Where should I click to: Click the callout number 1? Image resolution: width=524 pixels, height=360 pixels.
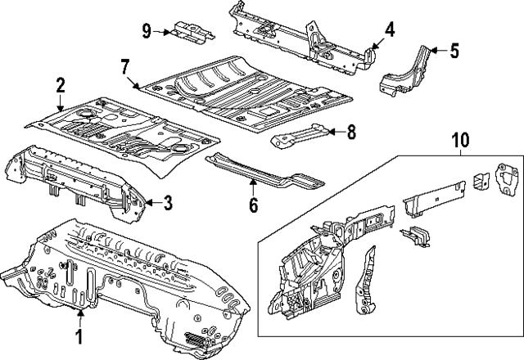click(x=79, y=336)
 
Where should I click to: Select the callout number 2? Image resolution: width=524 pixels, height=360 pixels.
click(x=60, y=85)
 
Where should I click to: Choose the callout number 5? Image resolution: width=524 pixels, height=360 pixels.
click(x=454, y=51)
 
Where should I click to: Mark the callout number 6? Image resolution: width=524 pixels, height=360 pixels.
click(x=253, y=205)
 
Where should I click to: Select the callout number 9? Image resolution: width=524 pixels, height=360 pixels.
click(x=147, y=31)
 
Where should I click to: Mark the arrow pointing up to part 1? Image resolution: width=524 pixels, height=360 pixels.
click(x=79, y=316)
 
